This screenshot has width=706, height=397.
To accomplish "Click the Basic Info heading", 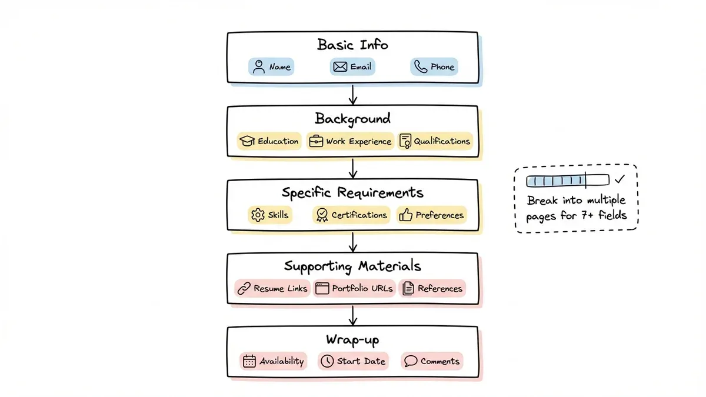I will [352, 45].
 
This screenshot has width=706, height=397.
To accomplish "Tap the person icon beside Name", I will [258, 67].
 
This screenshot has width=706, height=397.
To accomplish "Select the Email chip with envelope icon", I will [352, 67].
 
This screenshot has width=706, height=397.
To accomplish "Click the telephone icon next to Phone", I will [420, 67].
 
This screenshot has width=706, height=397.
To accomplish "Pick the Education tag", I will [270, 141].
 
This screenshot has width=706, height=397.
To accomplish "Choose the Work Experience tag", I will [350, 141].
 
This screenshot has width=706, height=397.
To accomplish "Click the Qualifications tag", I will [435, 141].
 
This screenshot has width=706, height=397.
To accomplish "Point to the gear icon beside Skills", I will [258, 215].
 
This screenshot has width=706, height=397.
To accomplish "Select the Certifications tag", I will [351, 215].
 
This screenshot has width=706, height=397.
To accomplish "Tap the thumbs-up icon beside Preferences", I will [406, 215].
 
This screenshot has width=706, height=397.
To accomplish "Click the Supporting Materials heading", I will [352, 266].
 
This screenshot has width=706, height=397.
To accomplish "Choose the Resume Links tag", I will [272, 289].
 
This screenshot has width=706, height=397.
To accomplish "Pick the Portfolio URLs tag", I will [354, 289].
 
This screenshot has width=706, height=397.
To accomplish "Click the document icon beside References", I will [408, 289].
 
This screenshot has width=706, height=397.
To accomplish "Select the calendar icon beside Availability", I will [249, 361].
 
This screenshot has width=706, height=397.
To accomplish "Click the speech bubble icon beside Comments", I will [411, 361].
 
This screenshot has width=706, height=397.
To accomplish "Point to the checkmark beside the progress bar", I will [620, 180].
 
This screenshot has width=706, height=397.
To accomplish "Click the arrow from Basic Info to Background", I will [352, 95].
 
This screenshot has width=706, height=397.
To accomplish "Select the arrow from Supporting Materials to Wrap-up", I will [352, 316].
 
